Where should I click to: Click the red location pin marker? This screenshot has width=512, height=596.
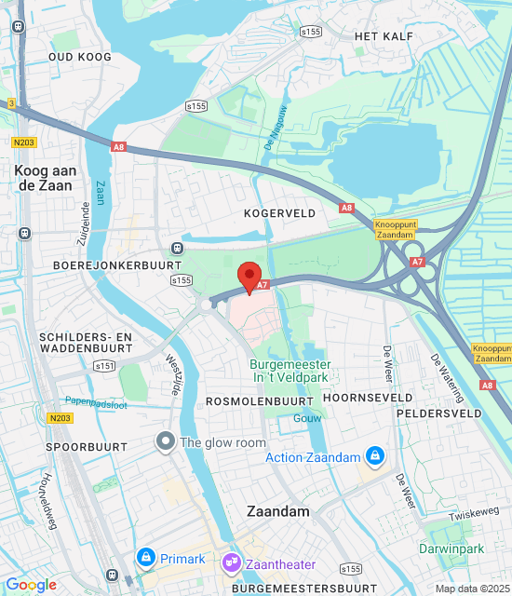click(249, 278)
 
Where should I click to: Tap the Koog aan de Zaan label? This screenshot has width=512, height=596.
click(45, 179)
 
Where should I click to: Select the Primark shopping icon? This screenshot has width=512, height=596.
click(145, 558)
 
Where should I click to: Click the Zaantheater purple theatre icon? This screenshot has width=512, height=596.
click(230, 563)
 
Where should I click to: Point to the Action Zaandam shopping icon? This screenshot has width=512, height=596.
click(374, 456)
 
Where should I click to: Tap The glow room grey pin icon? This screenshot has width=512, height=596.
click(167, 442)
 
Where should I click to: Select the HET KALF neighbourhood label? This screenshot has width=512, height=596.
click(384, 35)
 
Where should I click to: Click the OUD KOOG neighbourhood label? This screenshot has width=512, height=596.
click(80, 57)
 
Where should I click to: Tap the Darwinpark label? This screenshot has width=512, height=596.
click(451, 549)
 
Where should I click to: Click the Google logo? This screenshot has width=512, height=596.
click(31, 584)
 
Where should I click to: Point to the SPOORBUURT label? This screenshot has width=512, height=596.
click(80, 447)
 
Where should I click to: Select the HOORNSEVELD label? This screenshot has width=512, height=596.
click(367, 398)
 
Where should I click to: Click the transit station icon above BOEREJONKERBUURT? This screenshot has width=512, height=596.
click(177, 248)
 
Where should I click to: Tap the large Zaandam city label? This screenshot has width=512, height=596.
click(277, 511)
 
